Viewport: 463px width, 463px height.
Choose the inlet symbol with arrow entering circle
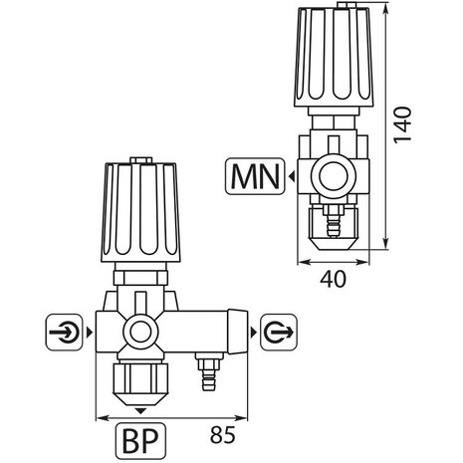pyautogui.click(x=61, y=329)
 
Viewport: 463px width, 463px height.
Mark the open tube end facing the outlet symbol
pyautogui.click(x=237, y=329)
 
